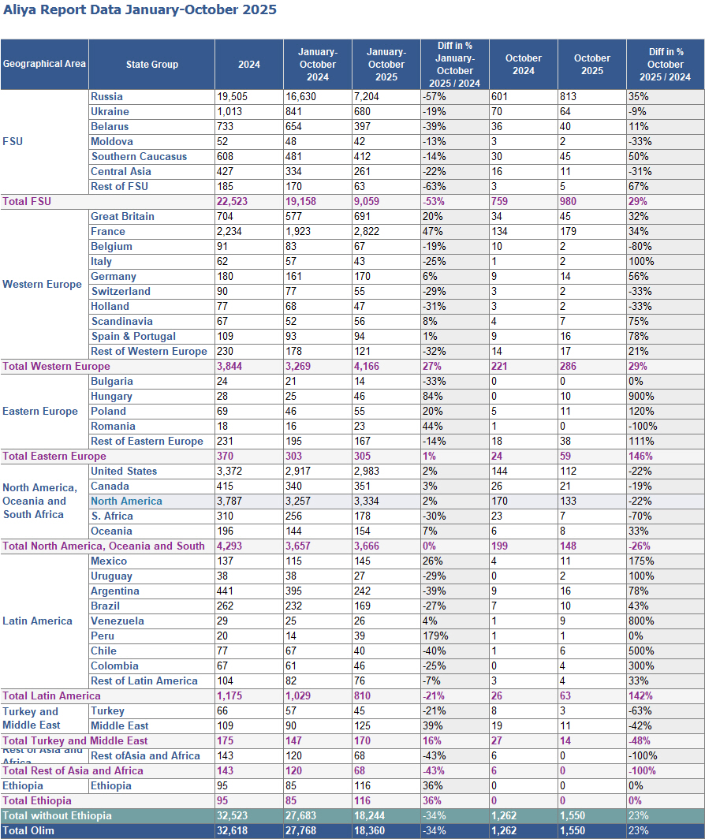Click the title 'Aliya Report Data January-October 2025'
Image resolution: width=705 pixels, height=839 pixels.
pos(140,10)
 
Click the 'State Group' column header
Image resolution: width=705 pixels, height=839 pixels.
pos(151,65)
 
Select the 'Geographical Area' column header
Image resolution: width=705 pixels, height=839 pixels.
pos(44,65)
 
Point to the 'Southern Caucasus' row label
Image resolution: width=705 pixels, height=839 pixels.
pos(139,157)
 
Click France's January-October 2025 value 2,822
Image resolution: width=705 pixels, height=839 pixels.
pos(370,232)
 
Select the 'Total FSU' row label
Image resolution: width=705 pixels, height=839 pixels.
pos(27,202)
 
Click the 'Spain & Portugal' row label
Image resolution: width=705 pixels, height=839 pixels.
pos(133,337)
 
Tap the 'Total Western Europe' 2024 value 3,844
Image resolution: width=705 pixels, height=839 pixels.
pos(233,367)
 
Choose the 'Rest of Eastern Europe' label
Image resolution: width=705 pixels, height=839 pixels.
pos(147,442)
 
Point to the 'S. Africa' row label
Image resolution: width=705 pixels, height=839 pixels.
pos(112,516)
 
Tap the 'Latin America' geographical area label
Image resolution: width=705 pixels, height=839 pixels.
pos(37,621)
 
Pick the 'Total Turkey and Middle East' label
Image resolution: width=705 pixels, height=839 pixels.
pos(75,741)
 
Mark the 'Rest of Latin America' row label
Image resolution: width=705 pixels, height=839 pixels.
pos(144,681)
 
